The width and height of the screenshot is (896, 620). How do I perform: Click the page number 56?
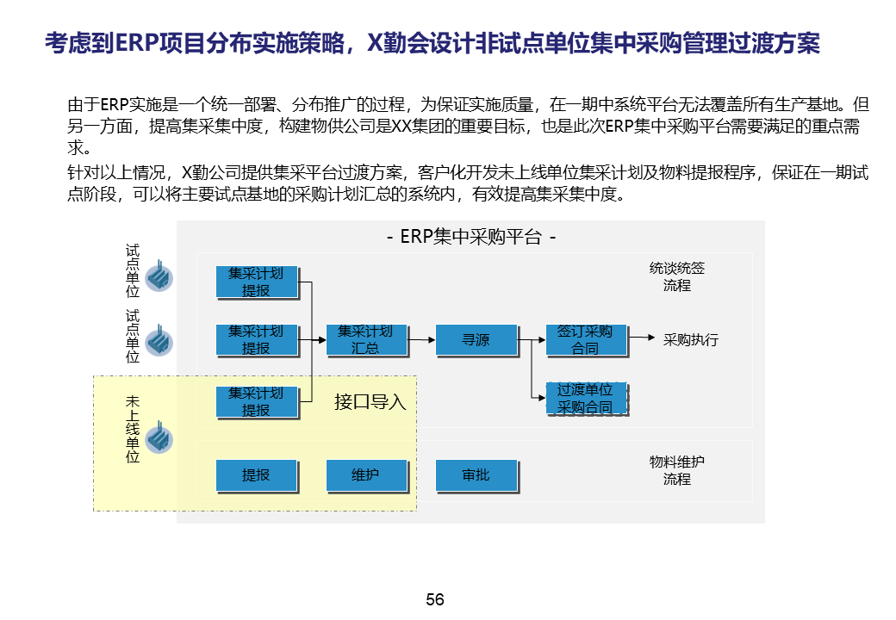pos(435,600)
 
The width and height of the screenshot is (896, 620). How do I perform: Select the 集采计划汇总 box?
pos(365,340)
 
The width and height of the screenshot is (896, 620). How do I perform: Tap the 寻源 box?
pos(476,340)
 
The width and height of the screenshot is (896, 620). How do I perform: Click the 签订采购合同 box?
pos(585,340)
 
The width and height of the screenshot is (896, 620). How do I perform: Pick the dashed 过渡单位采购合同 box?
pos(585,399)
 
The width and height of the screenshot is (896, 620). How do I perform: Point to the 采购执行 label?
pos(691,339)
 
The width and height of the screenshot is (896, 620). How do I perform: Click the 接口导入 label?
pos(370,401)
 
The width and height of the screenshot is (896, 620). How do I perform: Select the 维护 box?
pos(365,474)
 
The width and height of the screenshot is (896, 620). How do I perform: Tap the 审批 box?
pos(476,474)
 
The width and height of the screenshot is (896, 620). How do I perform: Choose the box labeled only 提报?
pos(256,474)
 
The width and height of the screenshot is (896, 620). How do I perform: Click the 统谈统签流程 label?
pos(677,276)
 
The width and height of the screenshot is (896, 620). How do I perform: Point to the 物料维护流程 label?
pos(677,470)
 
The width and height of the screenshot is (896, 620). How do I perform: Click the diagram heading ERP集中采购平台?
pos(470,236)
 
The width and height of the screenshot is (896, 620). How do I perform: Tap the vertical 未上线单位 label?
pos(133,430)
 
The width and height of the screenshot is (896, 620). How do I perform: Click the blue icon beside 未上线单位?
pos(159,438)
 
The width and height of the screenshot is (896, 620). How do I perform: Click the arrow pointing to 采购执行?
pos(642,338)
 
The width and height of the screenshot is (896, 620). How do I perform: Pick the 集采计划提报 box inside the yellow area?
pos(256,402)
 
